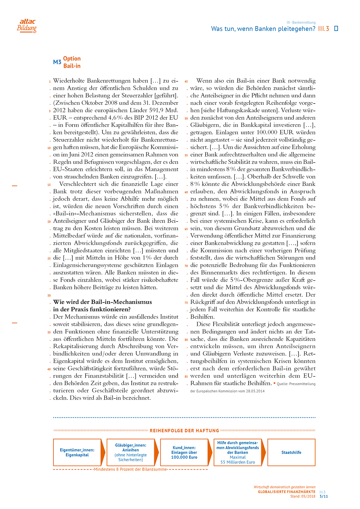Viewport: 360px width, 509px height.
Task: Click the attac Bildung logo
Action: click(x=27, y=25)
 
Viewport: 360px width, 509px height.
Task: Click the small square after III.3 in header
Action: click(x=336, y=29)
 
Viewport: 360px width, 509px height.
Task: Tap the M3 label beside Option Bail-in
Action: click(x=57, y=62)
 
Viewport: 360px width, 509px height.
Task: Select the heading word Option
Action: click(x=72, y=59)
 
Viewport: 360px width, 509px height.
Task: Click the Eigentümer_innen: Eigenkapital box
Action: click(x=77, y=452)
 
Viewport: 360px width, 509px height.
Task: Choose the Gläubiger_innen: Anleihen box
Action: click(x=131, y=452)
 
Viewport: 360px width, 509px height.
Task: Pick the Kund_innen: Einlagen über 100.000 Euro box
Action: click(x=184, y=452)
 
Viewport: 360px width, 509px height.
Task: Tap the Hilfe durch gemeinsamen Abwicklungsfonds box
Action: click(x=238, y=452)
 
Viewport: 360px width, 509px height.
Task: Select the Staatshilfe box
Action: click(x=291, y=452)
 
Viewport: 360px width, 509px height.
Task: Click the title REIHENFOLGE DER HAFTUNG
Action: click(x=184, y=431)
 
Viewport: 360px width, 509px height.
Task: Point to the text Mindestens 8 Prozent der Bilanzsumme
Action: click(x=131, y=469)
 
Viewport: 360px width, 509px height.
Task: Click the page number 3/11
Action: click(x=324, y=496)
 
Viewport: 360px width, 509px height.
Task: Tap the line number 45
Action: click(x=186, y=81)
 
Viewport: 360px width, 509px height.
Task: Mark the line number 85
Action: click(x=186, y=376)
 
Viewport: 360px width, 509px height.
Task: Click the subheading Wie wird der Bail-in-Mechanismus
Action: click(x=103, y=302)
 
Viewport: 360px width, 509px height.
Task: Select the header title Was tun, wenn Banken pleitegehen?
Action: click(x=263, y=29)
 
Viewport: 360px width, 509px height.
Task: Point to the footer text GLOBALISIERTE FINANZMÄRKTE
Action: click(x=287, y=492)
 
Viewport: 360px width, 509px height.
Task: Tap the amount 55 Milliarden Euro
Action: click(x=238, y=462)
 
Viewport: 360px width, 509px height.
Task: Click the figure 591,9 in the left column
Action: click(x=154, y=110)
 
